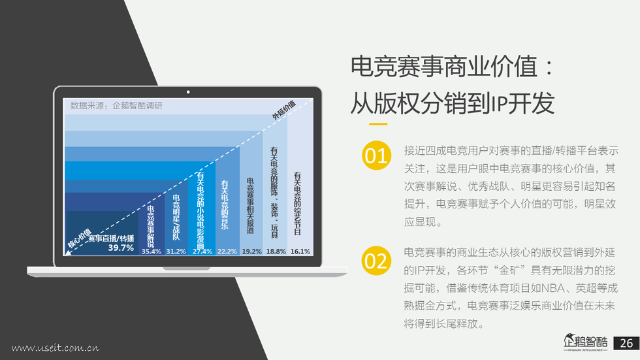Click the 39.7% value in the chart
pos(121,248)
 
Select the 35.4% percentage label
pos(152,252)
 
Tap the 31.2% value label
pos(176,252)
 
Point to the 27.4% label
pos(202,252)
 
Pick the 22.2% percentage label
pos(227,252)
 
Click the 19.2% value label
pos(252,252)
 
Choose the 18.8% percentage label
pos(276,252)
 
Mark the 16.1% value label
pos(300,252)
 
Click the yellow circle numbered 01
pos(376,155)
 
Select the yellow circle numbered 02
pos(376,261)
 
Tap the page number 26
pos(626,343)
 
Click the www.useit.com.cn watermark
pos(55,348)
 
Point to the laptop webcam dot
pos(188,92)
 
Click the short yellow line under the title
pos(378,123)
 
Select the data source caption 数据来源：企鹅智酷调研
pos(116,106)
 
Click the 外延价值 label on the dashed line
pos(283,110)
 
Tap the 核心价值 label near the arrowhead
pos(80,238)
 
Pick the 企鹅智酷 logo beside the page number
pos(586,342)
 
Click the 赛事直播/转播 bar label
pos(111,238)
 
